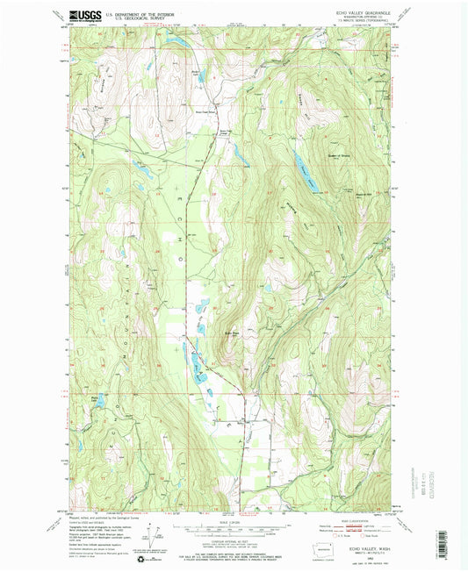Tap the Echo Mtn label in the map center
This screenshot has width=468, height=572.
tap(207, 332)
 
